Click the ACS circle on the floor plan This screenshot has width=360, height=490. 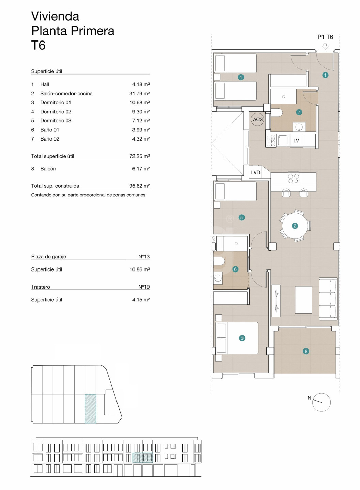(x=257, y=119)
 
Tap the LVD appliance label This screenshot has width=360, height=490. (x=255, y=173)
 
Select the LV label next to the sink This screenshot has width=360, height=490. (x=296, y=141)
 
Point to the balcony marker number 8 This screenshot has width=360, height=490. (x=306, y=351)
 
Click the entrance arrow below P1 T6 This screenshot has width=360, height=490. (x=325, y=46)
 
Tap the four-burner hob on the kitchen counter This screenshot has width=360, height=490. (x=294, y=178)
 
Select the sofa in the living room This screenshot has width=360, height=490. (x=328, y=298)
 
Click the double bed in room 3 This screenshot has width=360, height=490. (x=236, y=338)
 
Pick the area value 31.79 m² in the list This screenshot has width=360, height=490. (x=140, y=93)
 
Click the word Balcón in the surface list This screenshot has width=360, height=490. (x=48, y=169)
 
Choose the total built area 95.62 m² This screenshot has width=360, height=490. (x=140, y=186)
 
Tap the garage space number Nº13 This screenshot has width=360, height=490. (x=144, y=256)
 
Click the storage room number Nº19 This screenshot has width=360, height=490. (x=144, y=287)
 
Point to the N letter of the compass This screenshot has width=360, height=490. (x=309, y=398)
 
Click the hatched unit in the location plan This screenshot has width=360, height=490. (x=91, y=409)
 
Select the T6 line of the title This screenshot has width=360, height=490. (x=38, y=45)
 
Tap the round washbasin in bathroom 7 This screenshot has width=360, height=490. (x=299, y=127)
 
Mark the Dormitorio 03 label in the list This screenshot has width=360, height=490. (x=56, y=121)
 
